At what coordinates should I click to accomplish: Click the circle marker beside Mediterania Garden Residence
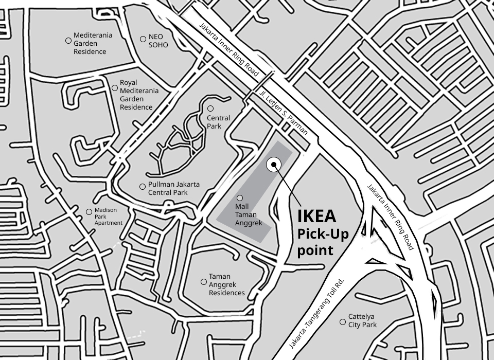68,40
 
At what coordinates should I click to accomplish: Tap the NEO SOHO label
158,41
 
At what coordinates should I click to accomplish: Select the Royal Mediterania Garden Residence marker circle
114,88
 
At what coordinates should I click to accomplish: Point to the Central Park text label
218,122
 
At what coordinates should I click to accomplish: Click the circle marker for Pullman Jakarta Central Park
143,186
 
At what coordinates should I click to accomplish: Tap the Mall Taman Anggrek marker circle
239,198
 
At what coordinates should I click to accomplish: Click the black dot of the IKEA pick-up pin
274,165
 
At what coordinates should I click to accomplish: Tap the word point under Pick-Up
315,250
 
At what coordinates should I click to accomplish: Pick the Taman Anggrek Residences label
226,284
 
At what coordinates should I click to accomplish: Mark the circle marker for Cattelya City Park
342,322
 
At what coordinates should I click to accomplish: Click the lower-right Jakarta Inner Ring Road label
391,217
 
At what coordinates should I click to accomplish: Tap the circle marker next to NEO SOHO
143,39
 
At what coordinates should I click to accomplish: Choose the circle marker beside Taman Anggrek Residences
203,282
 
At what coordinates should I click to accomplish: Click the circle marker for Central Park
210,109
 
